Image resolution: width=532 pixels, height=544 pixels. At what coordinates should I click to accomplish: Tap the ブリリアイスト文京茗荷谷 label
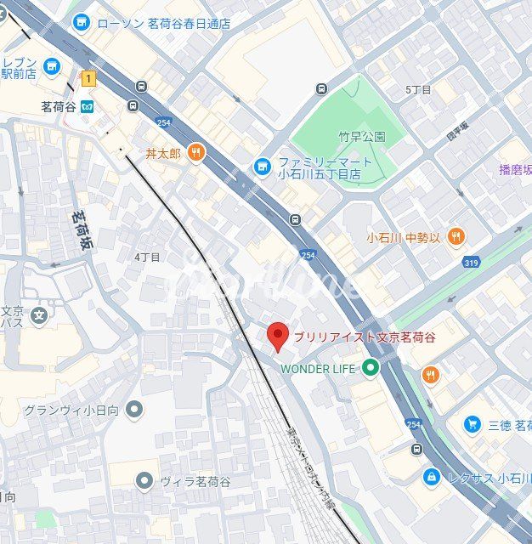365,337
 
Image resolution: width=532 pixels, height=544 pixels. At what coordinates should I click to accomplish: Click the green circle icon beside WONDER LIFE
370,368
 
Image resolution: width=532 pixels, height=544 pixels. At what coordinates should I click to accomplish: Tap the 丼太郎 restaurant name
163,154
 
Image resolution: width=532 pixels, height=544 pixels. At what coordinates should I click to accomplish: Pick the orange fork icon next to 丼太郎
196,153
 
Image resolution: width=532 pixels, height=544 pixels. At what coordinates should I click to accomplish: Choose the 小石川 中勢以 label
404,236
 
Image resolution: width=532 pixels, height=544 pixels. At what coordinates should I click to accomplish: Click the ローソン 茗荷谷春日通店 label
164,24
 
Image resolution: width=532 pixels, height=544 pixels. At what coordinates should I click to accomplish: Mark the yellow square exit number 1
88,78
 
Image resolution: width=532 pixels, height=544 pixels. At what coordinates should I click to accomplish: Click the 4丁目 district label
147,256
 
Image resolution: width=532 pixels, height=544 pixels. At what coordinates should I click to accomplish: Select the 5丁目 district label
418,89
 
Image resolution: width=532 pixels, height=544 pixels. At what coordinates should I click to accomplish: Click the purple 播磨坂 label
515,169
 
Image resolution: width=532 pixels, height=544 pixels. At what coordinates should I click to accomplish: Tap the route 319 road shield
471,263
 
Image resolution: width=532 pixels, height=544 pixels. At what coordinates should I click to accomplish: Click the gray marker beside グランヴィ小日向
134,411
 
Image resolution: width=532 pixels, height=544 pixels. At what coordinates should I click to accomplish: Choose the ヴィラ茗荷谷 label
195,481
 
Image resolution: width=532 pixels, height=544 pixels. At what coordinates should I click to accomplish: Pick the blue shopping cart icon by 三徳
472,424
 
